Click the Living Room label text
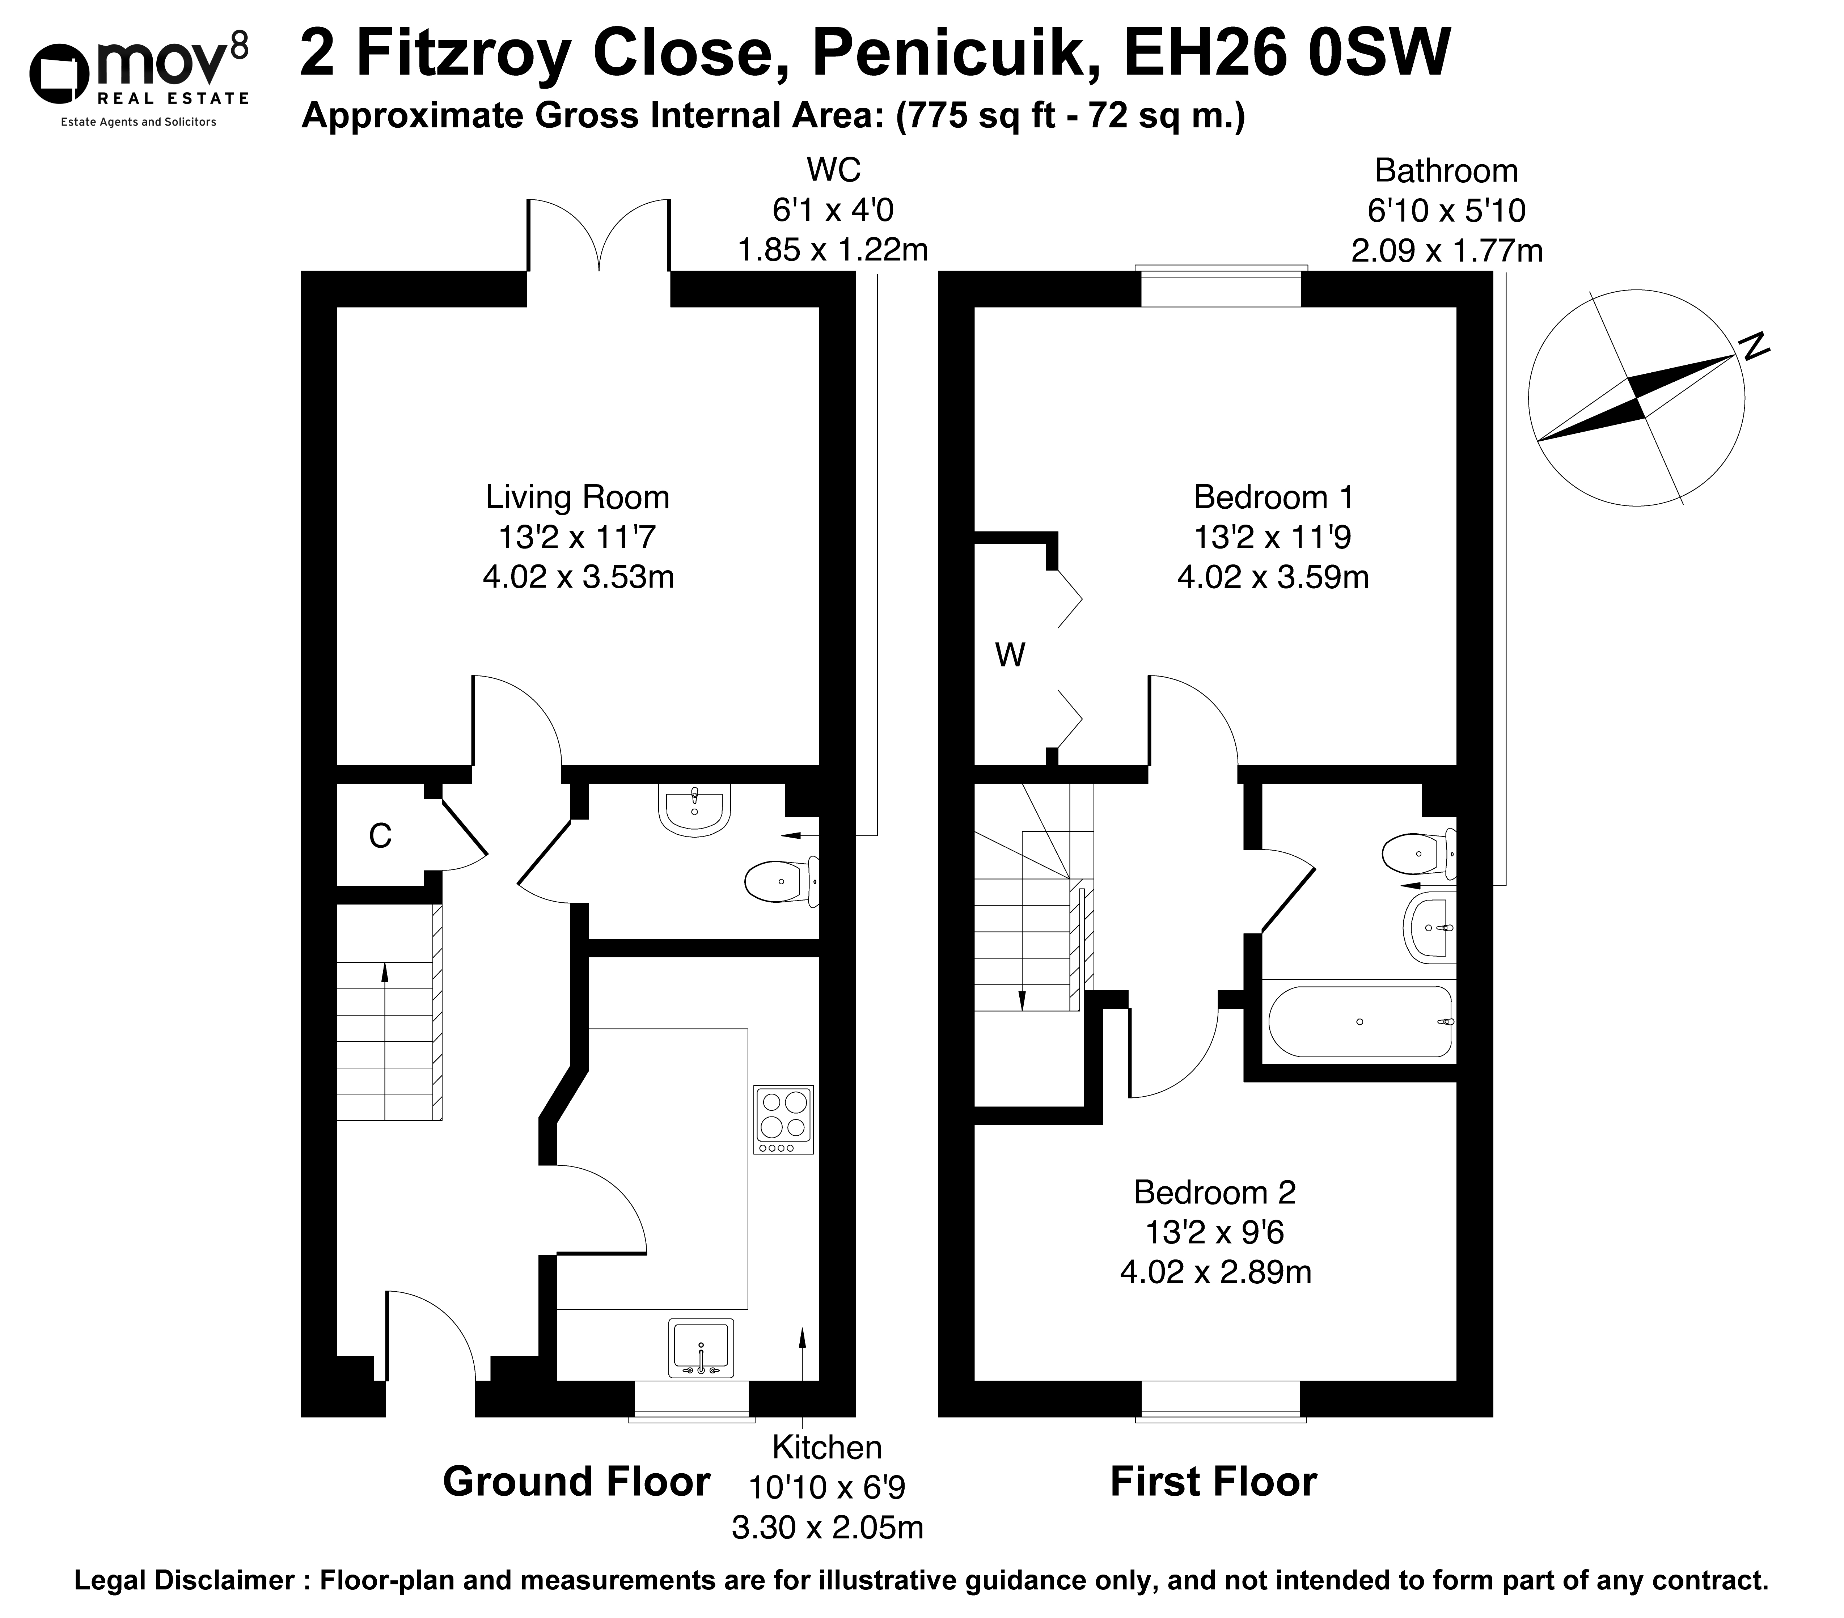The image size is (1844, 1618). click(x=578, y=497)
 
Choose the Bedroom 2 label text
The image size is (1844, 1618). click(x=1214, y=1192)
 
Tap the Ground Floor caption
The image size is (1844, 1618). click(x=576, y=1482)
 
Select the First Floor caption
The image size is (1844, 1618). click(x=1213, y=1482)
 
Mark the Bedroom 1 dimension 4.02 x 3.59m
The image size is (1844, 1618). click(x=1273, y=576)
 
